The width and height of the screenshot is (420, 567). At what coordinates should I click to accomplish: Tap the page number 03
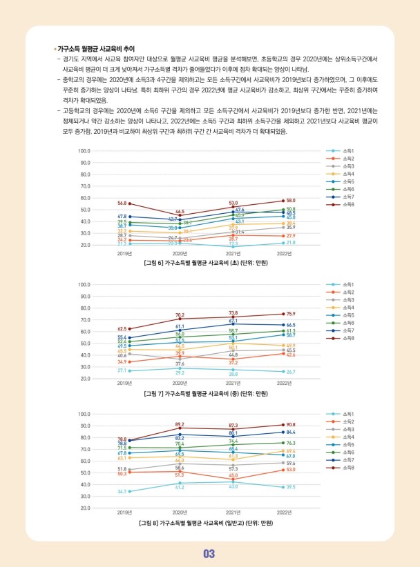click(x=209, y=554)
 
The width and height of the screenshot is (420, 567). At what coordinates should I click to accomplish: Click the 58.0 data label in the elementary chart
click(x=291, y=200)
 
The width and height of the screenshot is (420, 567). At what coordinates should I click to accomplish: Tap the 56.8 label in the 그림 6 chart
click(x=122, y=203)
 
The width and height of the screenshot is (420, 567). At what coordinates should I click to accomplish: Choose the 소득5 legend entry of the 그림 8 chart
click(x=338, y=445)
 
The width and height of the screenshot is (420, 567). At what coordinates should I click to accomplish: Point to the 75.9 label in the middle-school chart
click(x=291, y=314)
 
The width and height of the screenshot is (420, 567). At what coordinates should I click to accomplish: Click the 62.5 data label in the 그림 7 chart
click(x=122, y=329)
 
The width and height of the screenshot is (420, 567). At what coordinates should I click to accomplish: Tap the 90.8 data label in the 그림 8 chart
click(x=291, y=425)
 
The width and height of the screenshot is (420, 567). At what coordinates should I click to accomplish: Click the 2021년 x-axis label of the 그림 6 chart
click(x=233, y=253)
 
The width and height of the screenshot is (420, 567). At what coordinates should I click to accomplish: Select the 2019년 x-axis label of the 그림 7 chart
click(x=124, y=383)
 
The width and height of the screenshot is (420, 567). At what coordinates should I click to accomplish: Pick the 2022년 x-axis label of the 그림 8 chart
click(x=285, y=513)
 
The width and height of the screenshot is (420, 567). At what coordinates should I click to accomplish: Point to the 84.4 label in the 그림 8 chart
click(x=291, y=432)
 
